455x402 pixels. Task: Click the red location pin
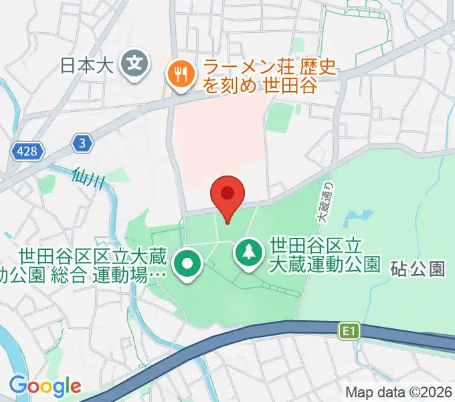coord(227,195)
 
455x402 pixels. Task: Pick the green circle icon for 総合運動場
coord(188,263)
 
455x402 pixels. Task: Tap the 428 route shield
coord(27,153)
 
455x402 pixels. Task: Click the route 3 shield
coord(82,143)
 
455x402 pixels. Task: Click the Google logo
coord(45,385)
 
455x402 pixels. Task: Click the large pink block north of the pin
coord(214,141)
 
